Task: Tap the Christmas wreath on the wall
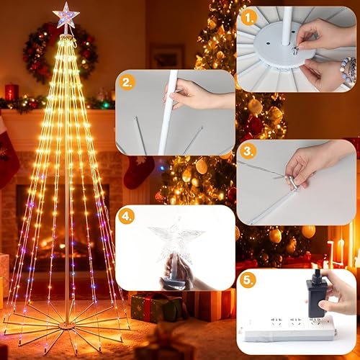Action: coord(59,53)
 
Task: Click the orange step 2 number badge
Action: coord(127,82)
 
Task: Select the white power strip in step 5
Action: coord(288,328)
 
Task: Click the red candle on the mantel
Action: coord(12,91)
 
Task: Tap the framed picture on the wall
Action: coord(168,56)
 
